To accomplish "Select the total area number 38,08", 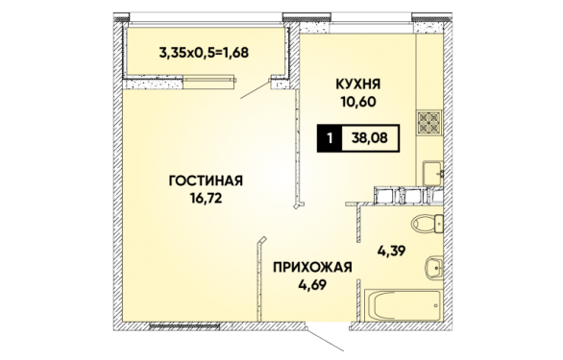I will pyautogui.click(x=370, y=138).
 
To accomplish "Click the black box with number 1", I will pyautogui.click(x=330, y=138).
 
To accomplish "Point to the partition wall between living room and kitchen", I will pyautogui.click(x=293, y=144).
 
